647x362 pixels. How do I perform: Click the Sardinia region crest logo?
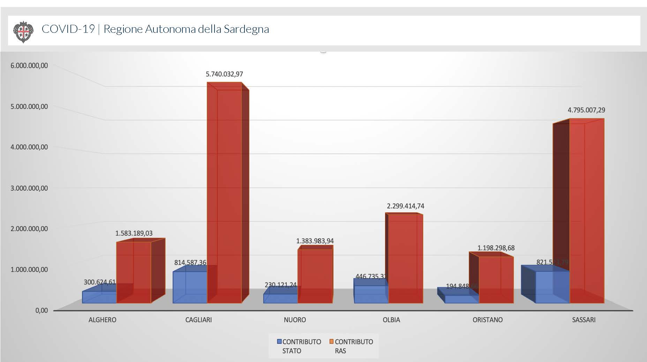tap(23, 31)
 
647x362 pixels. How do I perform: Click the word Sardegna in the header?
tap(246, 29)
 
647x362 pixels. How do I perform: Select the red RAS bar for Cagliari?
tap(225, 192)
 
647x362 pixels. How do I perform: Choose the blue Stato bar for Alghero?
tap(99, 297)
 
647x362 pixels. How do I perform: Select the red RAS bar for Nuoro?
tap(315, 276)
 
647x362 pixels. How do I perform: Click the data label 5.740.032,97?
tap(224, 74)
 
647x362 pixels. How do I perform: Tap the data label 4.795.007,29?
tap(586, 110)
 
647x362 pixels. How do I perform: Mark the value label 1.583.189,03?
tap(134, 233)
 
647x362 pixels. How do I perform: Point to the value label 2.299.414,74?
tap(405, 206)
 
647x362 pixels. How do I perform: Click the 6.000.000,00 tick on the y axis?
tap(29, 66)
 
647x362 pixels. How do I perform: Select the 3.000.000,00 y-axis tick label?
tap(29, 188)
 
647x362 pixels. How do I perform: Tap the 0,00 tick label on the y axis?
tap(41, 310)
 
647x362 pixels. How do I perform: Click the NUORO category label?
tap(295, 320)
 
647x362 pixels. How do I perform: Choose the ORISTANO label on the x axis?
tap(487, 320)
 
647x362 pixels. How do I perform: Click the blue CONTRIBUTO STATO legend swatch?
tap(279, 342)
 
